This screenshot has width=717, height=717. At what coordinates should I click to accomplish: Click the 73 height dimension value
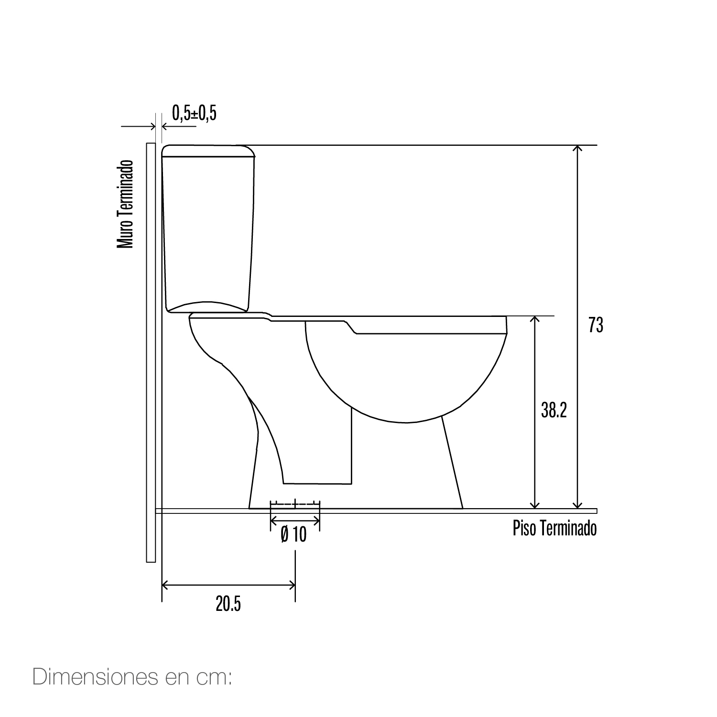pyautogui.click(x=596, y=325)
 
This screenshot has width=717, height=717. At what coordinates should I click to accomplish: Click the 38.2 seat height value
pyautogui.click(x=554, y=410)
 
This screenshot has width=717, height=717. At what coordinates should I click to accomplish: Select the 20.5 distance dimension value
pyautogui.click(x=228, y=604)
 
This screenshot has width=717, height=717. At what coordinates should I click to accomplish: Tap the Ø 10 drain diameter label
pyautogui.click(x=293, y=534)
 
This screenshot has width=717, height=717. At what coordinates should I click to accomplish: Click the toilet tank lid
pyautogui.click(x=209, y=151)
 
